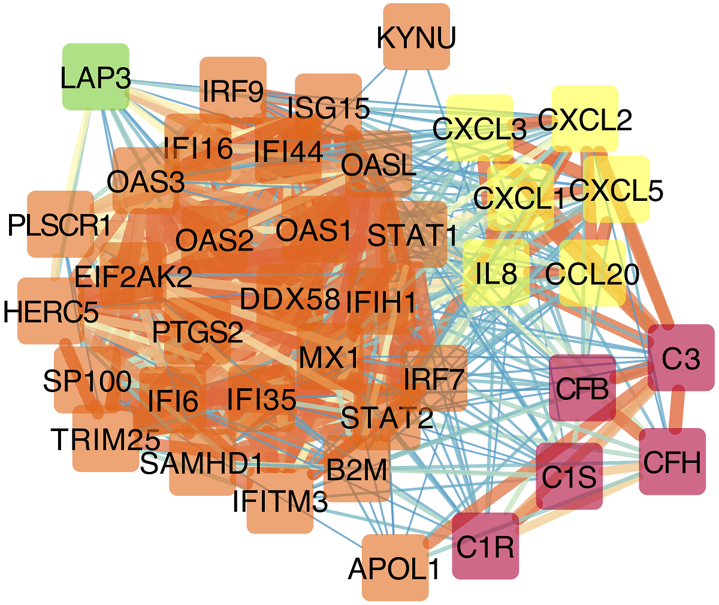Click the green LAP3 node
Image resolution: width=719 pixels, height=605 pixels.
pyautogui.click(x=96, y=76)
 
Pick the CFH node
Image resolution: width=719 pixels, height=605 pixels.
pyautogui.click(x=672, y=462)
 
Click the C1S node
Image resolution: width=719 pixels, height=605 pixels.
pyautogui.click(x=569, y=476)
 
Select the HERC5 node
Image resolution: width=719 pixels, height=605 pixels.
pyautogui.click(x=51, y=311)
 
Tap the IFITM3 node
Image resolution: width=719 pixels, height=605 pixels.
pyautogui.click(x=280, y=501)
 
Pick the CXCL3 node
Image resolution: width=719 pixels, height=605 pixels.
pyautogui.click(x=480, y=128)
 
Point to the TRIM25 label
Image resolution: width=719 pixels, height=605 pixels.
pyautogui.click(x=105, y=440)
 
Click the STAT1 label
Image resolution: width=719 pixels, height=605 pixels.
pyautogui.click(x=413, y=235)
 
